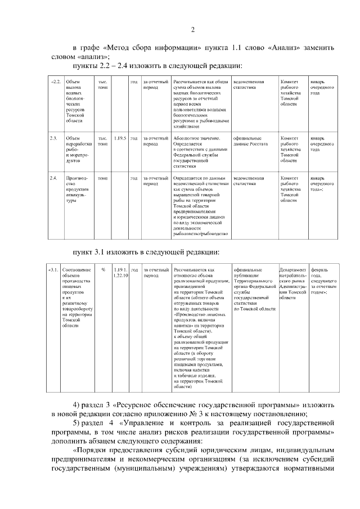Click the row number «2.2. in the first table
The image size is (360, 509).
point(56,82)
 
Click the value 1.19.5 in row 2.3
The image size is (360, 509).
point(119,138)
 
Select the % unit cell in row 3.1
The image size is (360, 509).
point(103,270)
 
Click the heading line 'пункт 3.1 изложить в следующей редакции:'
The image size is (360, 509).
point(146,251)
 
